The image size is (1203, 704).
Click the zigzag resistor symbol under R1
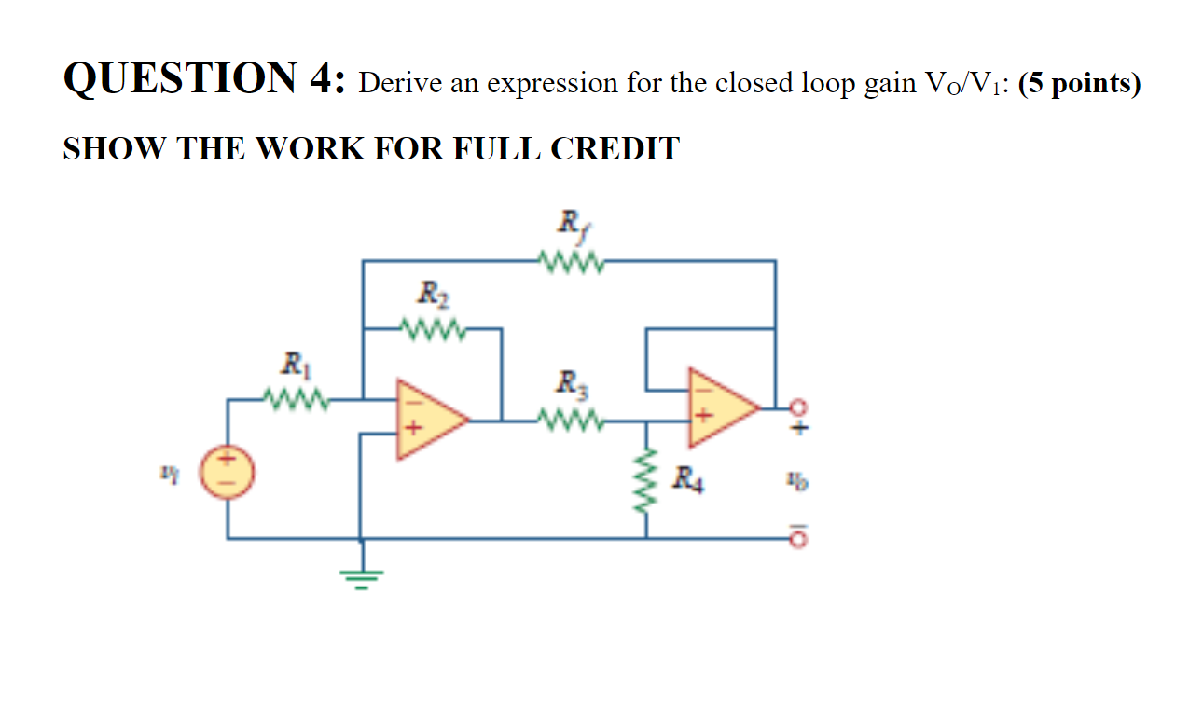tap(295, 400)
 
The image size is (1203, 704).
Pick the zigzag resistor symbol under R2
tap(431, 328)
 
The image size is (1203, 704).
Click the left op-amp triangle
tap(428, 420)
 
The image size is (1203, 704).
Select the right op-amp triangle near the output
tap(720, 408)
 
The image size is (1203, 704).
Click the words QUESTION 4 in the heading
tap(203, 82)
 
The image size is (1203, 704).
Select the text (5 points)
tap(1080, 84)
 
